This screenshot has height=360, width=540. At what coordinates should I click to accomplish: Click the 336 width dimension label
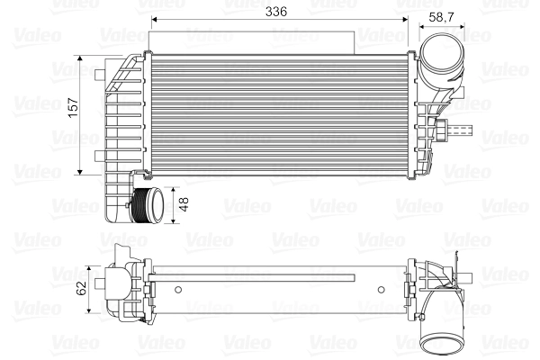(276, 11)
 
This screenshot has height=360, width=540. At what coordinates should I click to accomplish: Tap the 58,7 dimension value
(441, 15)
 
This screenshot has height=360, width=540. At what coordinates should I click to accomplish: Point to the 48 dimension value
(184, 204)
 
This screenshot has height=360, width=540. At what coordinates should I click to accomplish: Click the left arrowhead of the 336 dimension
(155, 20)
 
